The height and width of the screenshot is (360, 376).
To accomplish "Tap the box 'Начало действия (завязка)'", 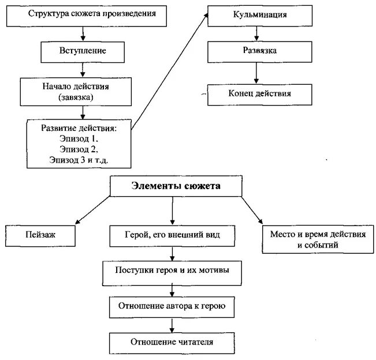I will pyautogui.click(x=83, y=92).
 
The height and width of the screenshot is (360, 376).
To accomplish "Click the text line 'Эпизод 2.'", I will pyautogui.click(x=79, y=149).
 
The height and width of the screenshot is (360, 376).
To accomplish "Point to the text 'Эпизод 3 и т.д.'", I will pyautogui.click(x=79, y=159).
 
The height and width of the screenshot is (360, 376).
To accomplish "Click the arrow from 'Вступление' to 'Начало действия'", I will pyautogui.click(x=83, y=69).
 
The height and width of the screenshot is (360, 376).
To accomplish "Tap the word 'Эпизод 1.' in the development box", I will pyautogui.click(x=79, y=138).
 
